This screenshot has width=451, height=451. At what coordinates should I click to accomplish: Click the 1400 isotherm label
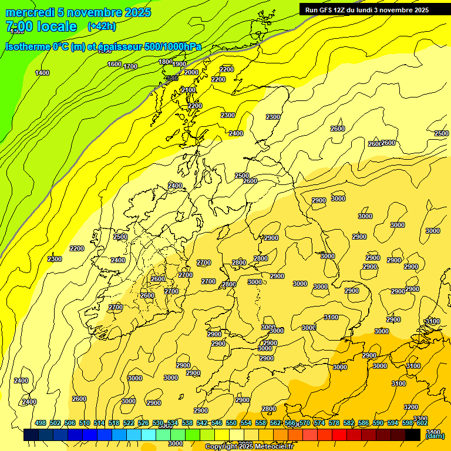click(42, 73)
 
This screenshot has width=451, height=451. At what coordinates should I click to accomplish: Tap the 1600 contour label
click(115, 64)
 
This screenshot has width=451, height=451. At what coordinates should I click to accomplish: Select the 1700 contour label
click(130, 66)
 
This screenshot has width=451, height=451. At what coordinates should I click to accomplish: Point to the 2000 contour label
click(191, 72)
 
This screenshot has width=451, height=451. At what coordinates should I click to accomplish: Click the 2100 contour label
click(189, 90)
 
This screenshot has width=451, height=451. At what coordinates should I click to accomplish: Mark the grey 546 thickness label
click(171, 78)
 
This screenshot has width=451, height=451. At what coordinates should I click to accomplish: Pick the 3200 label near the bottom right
click(411, 407)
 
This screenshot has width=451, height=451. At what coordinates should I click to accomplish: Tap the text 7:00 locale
click(41, 26)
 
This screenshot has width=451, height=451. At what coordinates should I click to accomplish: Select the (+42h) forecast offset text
click(101, 26)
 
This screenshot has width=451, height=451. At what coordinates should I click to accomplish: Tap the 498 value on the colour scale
click(41, 423)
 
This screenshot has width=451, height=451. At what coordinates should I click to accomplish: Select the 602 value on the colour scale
click(422, 423)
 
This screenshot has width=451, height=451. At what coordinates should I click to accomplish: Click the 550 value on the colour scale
click(231, 423)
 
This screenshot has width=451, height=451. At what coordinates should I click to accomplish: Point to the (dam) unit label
click(435, 435)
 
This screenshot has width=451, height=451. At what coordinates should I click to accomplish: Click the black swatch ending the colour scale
click(413, 435)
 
